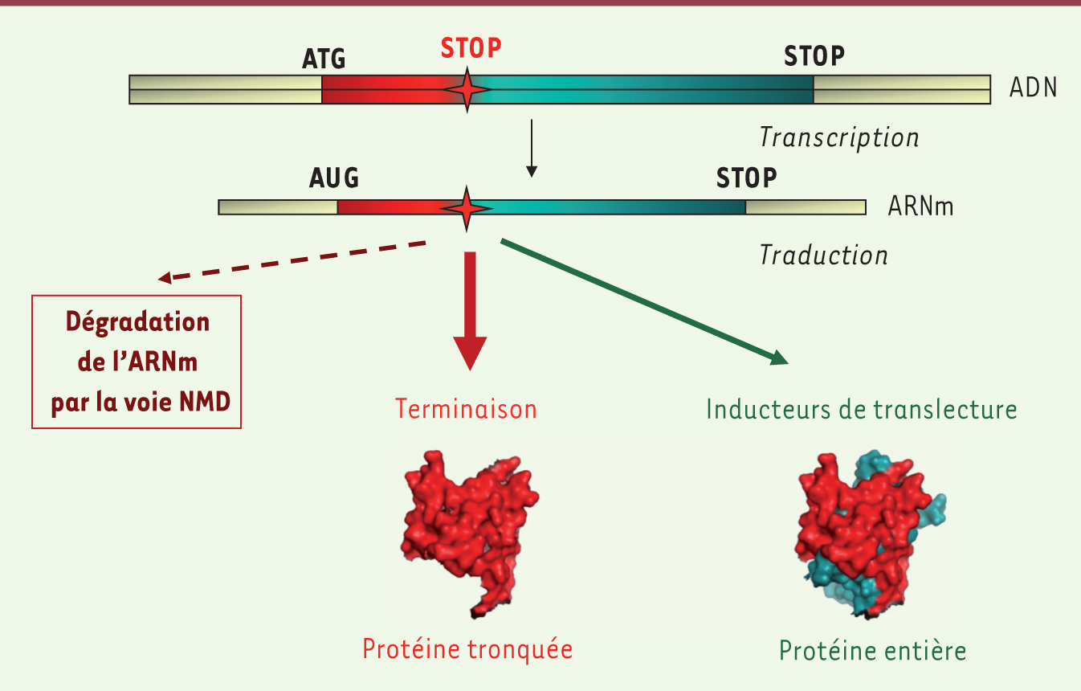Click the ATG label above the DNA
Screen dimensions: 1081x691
point(324,59)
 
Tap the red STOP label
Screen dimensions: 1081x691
point(471,48)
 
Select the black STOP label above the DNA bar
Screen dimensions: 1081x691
point(814,56)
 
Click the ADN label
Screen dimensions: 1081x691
point(1034,88)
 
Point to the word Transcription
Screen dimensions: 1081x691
point(839,137)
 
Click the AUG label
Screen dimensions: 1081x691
point(334,178)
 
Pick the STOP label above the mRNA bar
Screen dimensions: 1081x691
point(747,178)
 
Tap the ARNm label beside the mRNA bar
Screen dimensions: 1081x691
point(921,206)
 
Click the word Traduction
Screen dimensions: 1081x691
point(824,255)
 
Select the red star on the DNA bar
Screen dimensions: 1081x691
point(467,89)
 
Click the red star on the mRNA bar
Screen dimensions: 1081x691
point(466,209)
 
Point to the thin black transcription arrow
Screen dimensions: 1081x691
point(532,149)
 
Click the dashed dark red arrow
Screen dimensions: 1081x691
point(292,260)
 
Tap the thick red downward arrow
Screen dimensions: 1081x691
point(470,311)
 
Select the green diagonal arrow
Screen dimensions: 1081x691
point(645,301)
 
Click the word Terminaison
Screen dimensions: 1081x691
point(466,409)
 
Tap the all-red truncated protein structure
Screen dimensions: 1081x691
point(470,534)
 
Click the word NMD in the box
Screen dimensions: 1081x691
point(205,402)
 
